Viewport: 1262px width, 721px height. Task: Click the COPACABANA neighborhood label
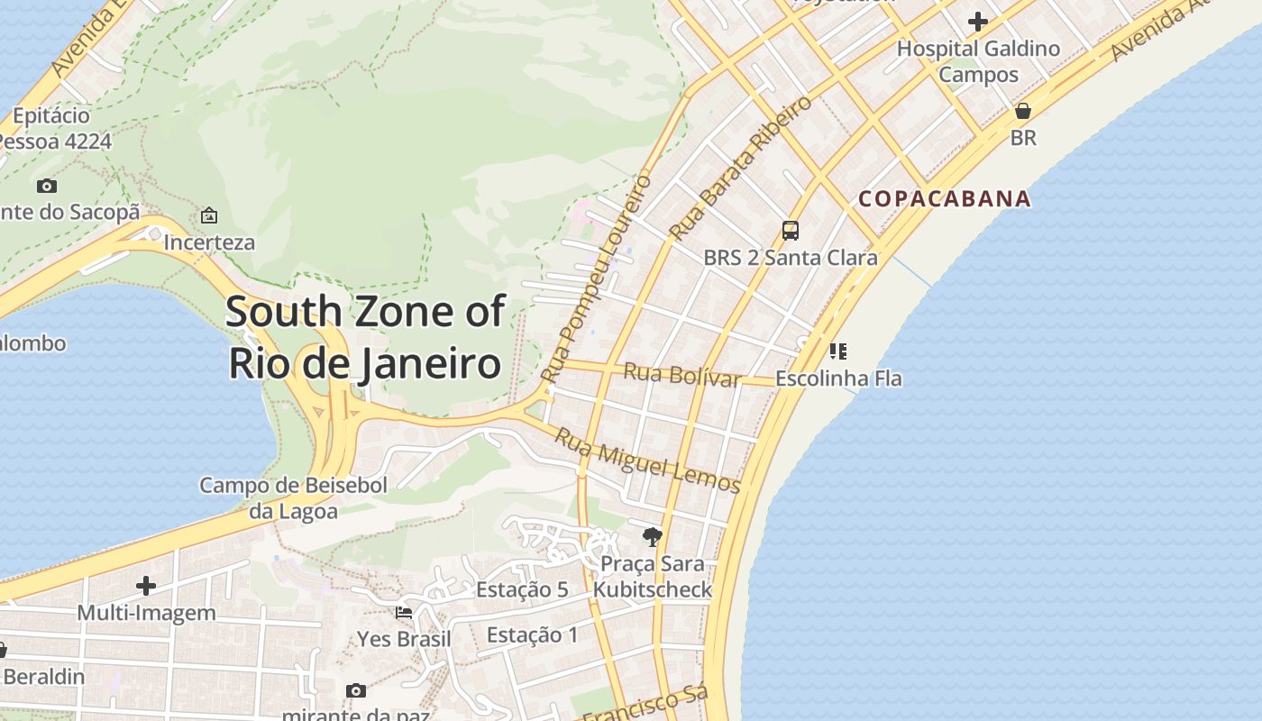coord(944,199)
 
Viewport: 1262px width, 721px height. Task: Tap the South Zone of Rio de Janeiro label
coord(365,337)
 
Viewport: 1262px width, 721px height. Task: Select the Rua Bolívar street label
coord(681,374)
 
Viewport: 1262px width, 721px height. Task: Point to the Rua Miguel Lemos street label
coord(647,461)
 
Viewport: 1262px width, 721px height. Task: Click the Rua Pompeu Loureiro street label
coord(596,278)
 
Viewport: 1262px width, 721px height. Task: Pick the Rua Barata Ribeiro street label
coord(740,169)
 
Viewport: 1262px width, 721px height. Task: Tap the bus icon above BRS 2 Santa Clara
coord(791,231)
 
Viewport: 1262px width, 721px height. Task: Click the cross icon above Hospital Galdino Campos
coord(978,22)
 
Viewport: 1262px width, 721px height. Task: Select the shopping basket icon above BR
coord(1023,111)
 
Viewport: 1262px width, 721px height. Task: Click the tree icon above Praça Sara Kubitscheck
coord(652,538)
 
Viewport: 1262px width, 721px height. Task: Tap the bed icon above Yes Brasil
coord(404,613)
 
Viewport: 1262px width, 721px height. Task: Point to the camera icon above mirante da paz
coord(356,690)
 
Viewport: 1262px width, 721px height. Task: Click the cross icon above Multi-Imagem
coord(146,586)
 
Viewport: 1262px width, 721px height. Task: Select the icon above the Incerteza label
coord(209,215)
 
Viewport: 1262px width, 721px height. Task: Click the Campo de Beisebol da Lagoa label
coord(293,498)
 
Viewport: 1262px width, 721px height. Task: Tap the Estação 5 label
coord(522,590)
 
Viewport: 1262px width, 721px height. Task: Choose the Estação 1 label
coord(532,635)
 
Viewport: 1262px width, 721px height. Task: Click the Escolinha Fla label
coord(838,379)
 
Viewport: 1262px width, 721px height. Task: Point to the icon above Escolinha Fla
coord(838,351)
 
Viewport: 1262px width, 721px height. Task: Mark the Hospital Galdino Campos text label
coord(978,61)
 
